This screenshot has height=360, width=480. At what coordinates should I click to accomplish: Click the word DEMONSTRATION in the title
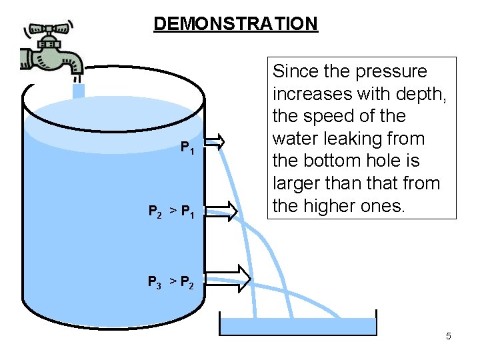(x=235, y=24)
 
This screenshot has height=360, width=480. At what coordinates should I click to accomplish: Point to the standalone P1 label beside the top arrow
(x=188, y=149)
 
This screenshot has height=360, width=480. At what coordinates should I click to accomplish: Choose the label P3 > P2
(x=171, y=282)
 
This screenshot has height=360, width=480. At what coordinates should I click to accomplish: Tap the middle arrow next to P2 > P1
(x=225, y=210)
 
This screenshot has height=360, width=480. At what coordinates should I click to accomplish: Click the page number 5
(x=449, y=336)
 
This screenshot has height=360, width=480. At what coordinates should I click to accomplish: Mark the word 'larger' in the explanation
(x=297, y=184)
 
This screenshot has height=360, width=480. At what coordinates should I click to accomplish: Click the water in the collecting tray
(x=298, y=325)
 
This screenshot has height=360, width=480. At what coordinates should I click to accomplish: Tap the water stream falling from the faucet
(x=79, y=90)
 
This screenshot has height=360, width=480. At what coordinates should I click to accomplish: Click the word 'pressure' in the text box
(x=394, y=71)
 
